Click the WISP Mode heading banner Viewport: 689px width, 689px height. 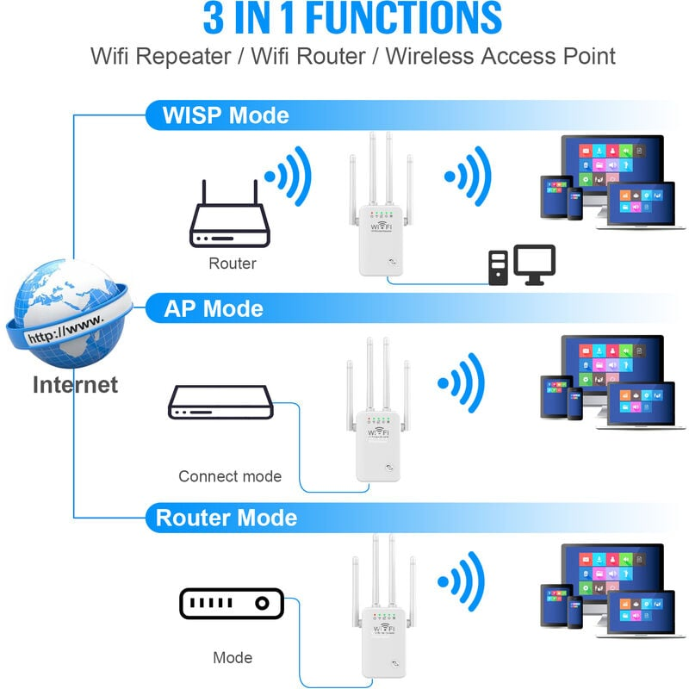pyautogui.click(x=227, y=115)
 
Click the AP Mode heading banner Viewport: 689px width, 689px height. pyautogui.click(x=214, y=308)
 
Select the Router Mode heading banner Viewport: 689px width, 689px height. pyautogui.click(x=226, y=518)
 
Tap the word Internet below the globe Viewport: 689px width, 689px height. pyautogui.click(x=75, y=384)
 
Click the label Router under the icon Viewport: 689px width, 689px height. pyautogui.click(x=232, y=264)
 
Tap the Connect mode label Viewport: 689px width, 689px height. pyautogui.click(x=229, y=476)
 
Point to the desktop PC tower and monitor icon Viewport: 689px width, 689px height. pyautogui.click(x=522, y=265)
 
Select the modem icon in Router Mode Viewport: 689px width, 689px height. pyautogui.click(x=231, y=604)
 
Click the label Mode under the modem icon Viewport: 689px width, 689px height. pyautogui.click(x=233, y=658)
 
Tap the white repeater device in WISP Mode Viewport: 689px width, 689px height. pyautogui.click(x=382, y=237)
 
